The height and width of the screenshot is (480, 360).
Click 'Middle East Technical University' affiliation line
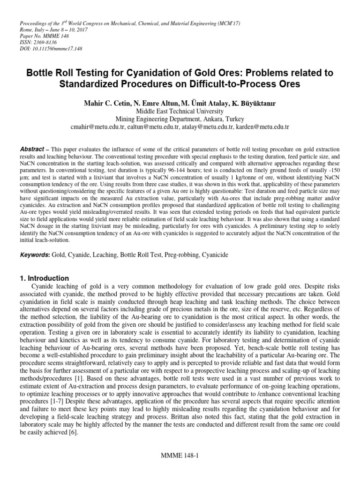180,111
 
